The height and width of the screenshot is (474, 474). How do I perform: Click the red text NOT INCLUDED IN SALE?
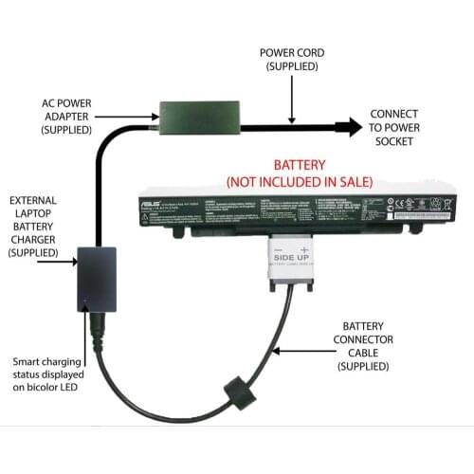[x=300, y=180]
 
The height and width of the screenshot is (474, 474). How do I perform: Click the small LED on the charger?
[x=85, y=305]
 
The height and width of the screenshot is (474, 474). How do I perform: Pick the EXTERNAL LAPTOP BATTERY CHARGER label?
[x=36, y=227]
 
